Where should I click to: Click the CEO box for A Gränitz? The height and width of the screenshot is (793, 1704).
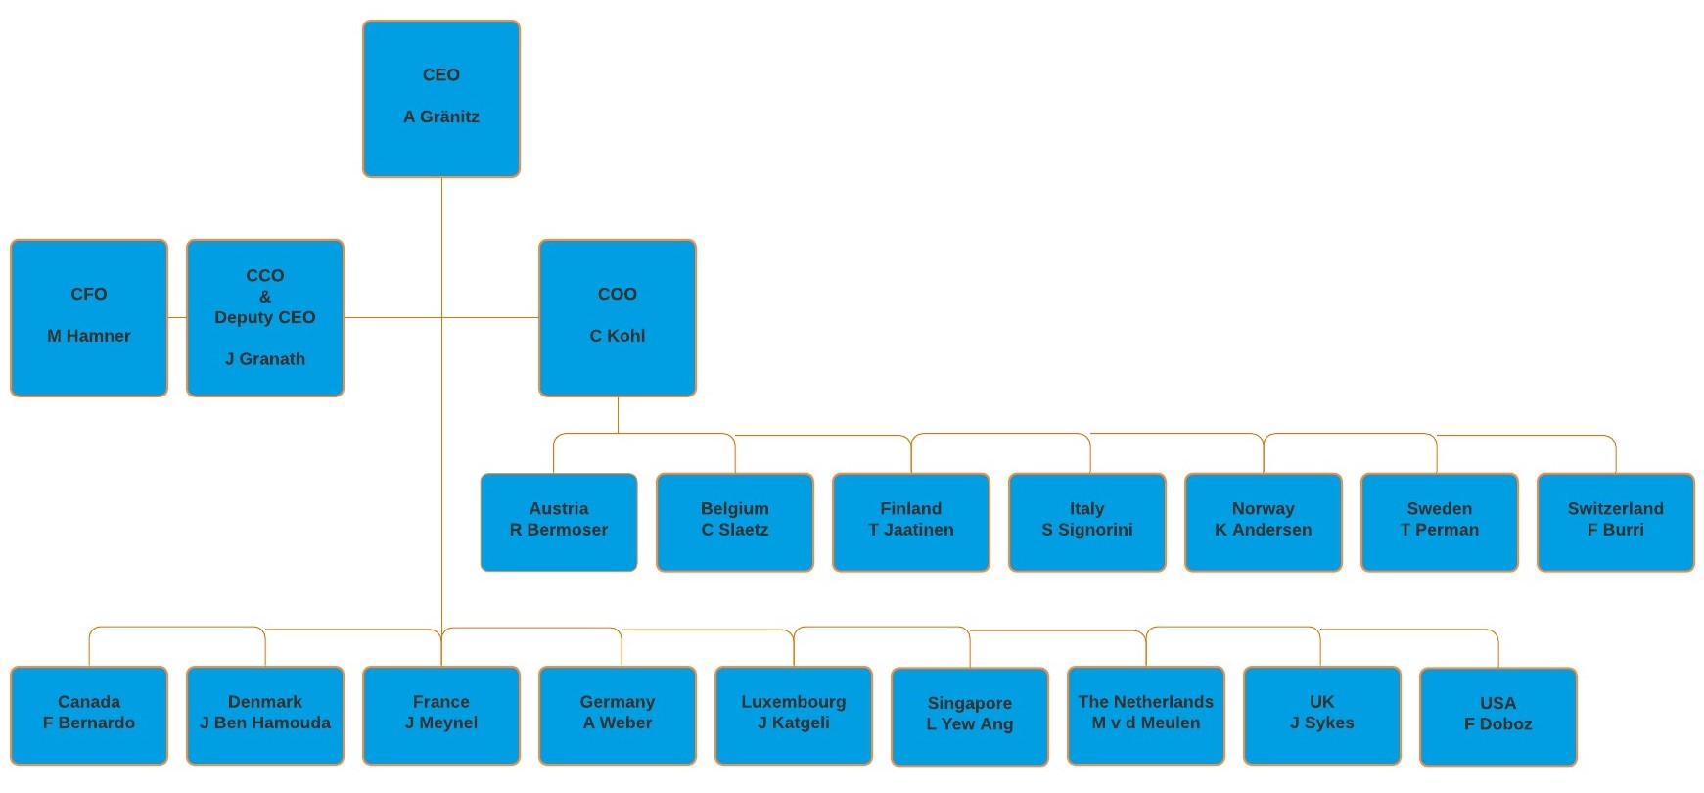click(x=440, y=98)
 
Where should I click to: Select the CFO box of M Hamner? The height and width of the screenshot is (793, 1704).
click(x=89, y=317)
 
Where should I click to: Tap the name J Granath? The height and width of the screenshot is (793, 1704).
click(x=265, y=359)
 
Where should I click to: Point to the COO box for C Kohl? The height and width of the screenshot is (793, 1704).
click(x=617, y=317)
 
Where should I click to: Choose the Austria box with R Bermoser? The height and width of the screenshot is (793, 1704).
click(x=558, y=521)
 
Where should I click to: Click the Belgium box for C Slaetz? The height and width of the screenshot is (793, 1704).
click(x=734, y=521)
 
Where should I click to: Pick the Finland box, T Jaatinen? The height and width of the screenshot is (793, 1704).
click(x=910, y=521)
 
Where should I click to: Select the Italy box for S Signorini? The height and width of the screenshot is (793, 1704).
click(x=1086, y=521)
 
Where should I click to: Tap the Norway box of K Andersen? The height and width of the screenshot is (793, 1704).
click(x=1263, y=521)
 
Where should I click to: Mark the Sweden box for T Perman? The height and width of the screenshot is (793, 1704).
click(x=1439, y=521)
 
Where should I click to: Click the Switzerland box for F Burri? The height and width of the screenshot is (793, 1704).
click(x=1615, y=521)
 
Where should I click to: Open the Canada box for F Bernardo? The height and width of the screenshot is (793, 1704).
click(x=89, y=715)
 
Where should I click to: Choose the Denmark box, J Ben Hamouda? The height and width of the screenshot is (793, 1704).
click(x=265, y=715)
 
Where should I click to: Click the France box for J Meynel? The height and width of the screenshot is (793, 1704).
click(x=440, y=715)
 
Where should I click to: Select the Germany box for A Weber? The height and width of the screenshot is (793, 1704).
click(x=617, y=715)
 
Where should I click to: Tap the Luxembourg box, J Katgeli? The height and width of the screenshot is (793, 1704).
click(x=793, y=715)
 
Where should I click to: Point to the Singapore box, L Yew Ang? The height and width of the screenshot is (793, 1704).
click(x=969, y=716)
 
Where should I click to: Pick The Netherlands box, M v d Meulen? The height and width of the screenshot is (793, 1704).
click(x=1145, y=715)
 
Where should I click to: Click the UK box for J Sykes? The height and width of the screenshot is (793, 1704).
click(x=1321, y=715)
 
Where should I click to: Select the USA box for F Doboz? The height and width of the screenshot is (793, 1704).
click(x=1497, y=716)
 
